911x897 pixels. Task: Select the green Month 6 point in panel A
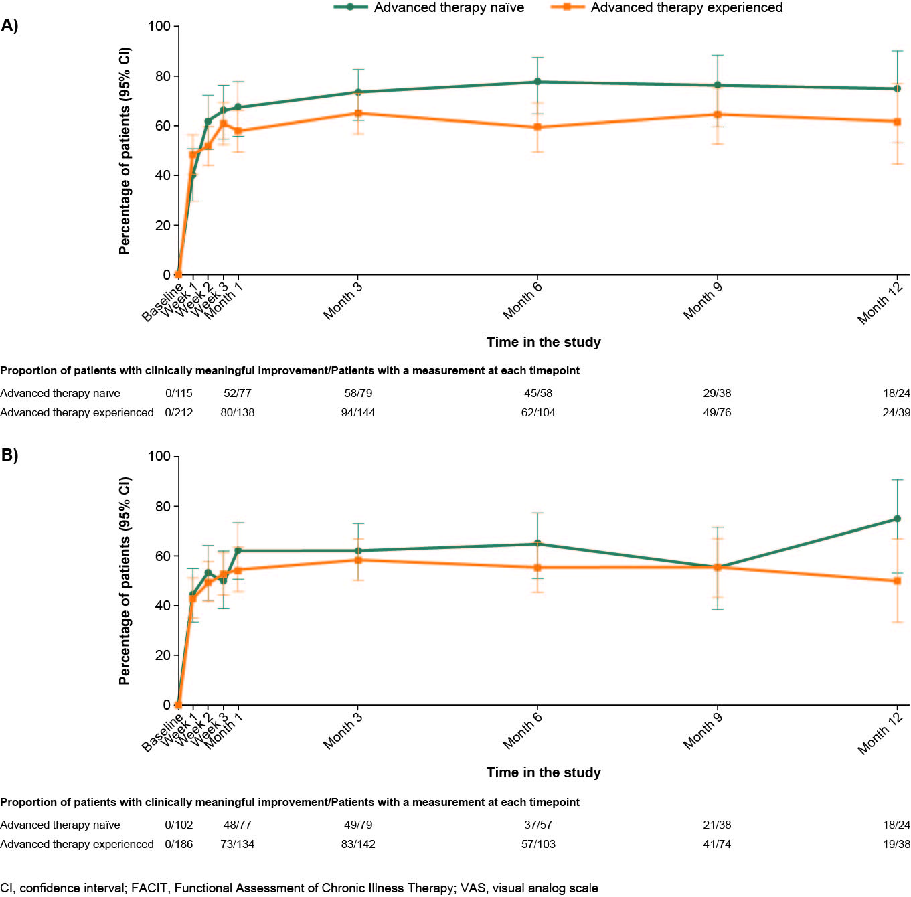pos(537,82)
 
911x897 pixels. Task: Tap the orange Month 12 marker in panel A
pos(897,122)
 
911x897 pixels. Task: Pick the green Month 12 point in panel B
pos(897,519)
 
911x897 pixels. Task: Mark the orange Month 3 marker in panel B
pos(358,560)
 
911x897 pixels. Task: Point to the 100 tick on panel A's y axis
pos(159,26)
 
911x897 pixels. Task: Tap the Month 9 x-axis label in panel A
pos(702,301)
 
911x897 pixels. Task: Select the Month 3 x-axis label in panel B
pos(342,731)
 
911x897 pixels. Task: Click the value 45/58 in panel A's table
pos(538,393)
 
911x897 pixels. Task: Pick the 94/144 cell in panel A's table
pos(358,412)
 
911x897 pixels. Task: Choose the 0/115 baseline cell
pos(179,393)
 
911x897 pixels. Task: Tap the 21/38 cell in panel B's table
pos(717,825)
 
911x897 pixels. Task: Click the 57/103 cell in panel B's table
pos(538,844)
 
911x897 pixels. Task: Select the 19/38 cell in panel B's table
pos(896,844)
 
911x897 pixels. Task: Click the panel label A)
pos(9,25)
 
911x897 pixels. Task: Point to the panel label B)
pos(9,455)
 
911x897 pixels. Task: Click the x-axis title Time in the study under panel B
pos(544,772)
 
